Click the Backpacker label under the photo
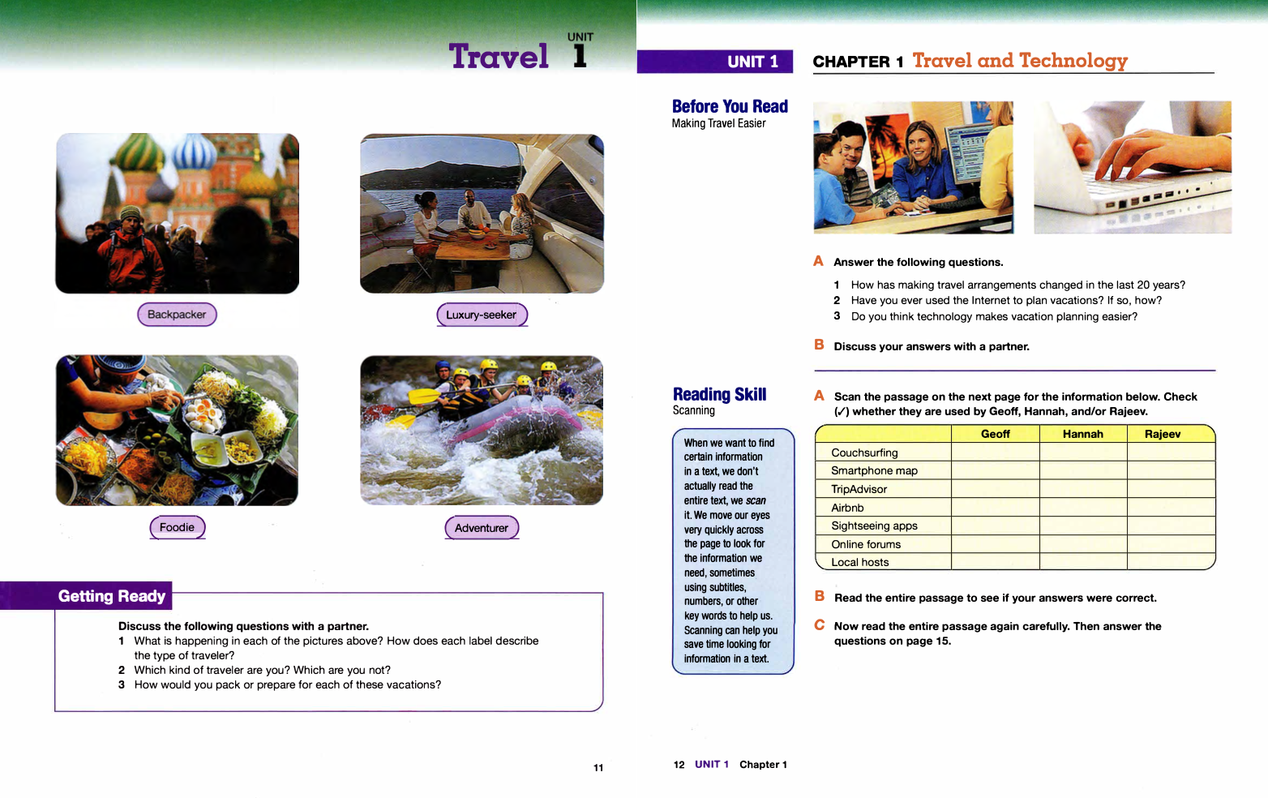click(177, 315)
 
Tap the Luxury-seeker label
click(482, 315)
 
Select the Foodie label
click(177, 527)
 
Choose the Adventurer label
click(482, 528)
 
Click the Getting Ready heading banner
click(112, 596)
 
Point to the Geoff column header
click(995, 434)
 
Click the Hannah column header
click(1082, 434)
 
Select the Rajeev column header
click(1163, 434)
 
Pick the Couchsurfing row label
click(864, 453)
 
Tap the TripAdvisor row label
click(859, 489)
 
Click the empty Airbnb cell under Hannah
click(1082, 508)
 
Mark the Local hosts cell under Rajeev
click(1170, 562)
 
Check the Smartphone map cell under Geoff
click(995, 470)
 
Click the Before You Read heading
click(730, 106)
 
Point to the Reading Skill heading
click(719, 394)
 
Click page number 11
click(598, 768)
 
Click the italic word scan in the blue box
click(756, 500)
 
